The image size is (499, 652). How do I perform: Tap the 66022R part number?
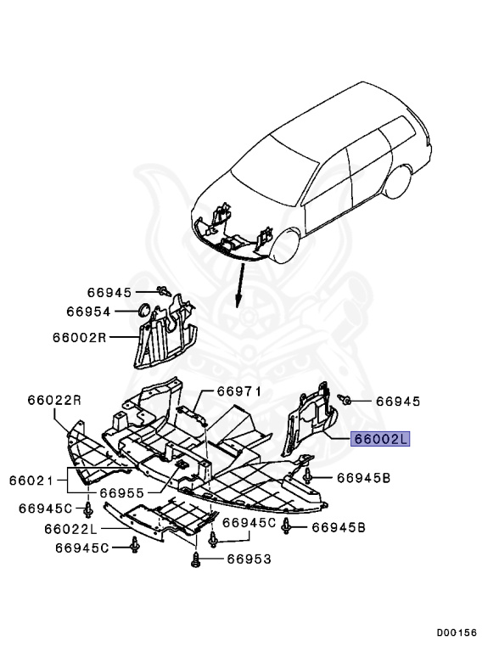tap(53, 400)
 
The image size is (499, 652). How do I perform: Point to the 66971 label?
tap(238, 391)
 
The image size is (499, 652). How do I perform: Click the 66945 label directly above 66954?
tap(109, 293)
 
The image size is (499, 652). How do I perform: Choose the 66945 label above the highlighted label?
tap(398, 400)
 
